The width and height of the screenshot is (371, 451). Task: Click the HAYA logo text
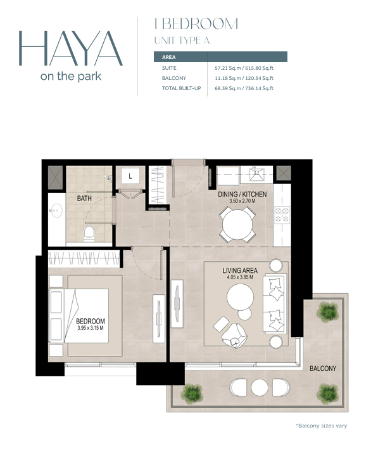pos(71,48)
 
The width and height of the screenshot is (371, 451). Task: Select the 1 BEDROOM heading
pos(196,24)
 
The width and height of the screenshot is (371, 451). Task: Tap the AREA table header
pos(169,57)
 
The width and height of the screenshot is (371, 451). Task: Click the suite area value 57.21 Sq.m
pos(228,68)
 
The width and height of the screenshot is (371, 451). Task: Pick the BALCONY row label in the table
pos(174,78)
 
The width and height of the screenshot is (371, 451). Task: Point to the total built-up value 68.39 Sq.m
pos(228,88)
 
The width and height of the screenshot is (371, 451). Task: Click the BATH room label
pos(84,198)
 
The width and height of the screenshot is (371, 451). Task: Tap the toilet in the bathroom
pos(89,233)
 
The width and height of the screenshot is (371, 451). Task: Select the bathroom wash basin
pos(56,211)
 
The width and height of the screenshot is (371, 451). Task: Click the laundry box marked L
pos(130,176)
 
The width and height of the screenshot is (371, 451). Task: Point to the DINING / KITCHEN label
pos(242,194)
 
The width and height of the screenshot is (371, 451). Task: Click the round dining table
pos(237,225)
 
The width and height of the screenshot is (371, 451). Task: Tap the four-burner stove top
pos(282,215)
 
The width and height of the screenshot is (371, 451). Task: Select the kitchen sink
pos(256,174)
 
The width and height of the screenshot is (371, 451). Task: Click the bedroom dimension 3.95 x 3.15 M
pos(91,328)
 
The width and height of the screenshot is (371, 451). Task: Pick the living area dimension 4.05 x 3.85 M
pos(240,277)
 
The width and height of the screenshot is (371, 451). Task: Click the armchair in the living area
pos(234,335)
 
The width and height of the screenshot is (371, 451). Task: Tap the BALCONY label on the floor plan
pos(323,369)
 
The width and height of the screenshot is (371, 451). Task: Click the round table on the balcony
pos(260,387)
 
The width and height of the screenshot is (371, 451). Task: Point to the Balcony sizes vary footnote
pos(322,426)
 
